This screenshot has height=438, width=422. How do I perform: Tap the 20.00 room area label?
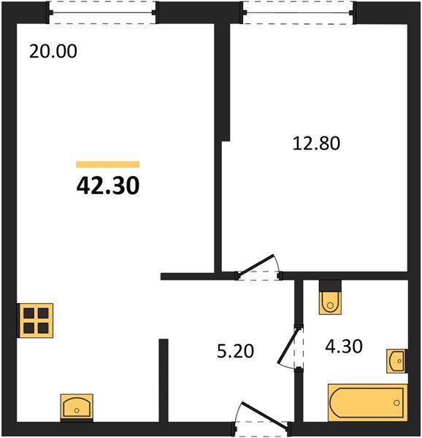[53, 52]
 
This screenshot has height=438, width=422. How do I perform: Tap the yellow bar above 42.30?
[107, 165]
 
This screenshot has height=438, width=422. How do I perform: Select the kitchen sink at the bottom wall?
[76, 405]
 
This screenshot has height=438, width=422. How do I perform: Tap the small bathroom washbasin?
[397, 361]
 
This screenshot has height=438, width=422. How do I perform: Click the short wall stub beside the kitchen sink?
[164, 379]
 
